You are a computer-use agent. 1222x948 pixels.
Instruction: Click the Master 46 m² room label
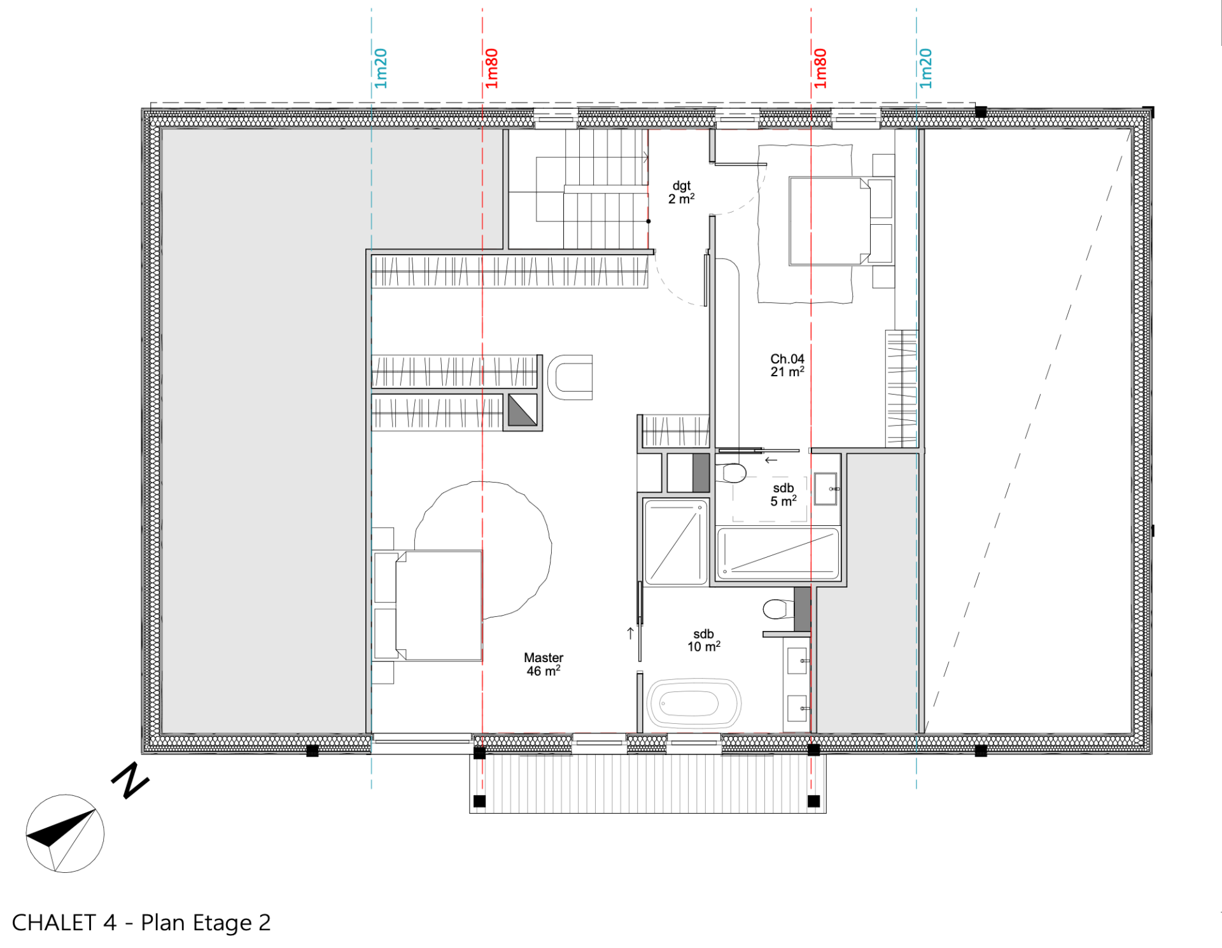point(544,664)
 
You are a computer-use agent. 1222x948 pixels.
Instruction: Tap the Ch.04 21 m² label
point(787,365)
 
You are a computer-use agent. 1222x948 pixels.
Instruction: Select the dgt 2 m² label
point(681,192)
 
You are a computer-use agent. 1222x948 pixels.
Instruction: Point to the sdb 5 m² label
point(783,495)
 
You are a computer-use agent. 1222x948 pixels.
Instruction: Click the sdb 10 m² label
point(704,640)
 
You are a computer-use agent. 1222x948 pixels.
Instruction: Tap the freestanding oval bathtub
point(694,704)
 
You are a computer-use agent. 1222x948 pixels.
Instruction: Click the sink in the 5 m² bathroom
point(826,489)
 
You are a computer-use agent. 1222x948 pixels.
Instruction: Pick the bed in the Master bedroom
point(428,605)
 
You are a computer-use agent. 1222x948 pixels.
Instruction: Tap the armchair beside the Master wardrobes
point(570,378)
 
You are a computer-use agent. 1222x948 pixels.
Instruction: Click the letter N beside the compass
point(130,780)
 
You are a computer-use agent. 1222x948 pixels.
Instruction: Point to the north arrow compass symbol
point(65,833)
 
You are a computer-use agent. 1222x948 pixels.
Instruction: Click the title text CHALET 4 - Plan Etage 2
point(141,923)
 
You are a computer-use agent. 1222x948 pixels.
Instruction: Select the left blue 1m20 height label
point(381,68)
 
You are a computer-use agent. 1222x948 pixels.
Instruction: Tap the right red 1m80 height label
point(820,68)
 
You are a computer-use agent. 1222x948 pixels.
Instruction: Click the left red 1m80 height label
point(491,68)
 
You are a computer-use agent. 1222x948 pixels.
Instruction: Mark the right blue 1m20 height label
point(926,68)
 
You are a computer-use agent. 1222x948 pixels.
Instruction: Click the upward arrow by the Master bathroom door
point(630,633)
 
